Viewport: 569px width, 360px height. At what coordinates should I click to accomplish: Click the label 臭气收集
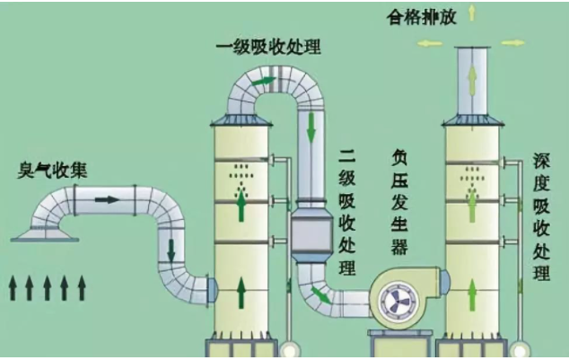pyautogui.click(x=52, y=171)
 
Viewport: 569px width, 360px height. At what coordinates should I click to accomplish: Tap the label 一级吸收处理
pyautogui.click(x=268, y=48)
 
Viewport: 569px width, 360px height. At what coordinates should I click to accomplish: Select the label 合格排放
pyautogui.click(x=421, y=17)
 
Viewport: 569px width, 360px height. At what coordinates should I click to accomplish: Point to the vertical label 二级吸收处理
pyautogui.click(x=347, y=212)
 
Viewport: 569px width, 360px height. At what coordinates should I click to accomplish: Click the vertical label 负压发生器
pyautogui.click(x=399, y=203)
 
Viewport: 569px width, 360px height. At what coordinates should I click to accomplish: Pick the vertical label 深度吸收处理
pyautogui.click(x=541, y=217)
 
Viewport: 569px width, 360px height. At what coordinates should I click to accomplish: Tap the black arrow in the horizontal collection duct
pyautogui.click(x=107, y=199)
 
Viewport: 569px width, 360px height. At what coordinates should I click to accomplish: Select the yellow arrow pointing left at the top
pyautogui.click(x=430, y=44)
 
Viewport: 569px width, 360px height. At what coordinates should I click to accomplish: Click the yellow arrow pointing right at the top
pyautogui.click(x=513, y=43)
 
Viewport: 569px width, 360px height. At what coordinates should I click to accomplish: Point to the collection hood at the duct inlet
pyautogui.click(x=45, y=233)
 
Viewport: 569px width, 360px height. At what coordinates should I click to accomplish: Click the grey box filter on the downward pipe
pyautogui.click(x=312, y=235)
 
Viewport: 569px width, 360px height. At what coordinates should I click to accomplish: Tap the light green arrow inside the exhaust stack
pyautogui.click(x=472, y=80)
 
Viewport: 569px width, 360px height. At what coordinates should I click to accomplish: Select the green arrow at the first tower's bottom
pyautogui.click(x=241, y=293)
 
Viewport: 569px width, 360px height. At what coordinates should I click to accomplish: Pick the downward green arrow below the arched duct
pyautogui.click(x=311, y=127)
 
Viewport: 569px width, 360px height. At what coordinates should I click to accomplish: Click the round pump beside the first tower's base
pyautogui.click(x=290, y=350)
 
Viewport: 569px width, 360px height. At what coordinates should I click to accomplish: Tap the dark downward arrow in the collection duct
pyautogui.click(x=171, y=250)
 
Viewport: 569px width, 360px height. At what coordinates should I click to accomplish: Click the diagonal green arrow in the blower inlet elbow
pyautogui.click(x=320, y=295)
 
